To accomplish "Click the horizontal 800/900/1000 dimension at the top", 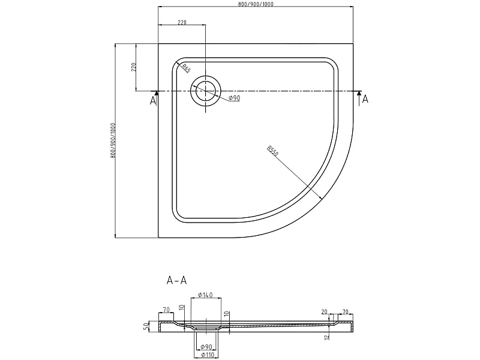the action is pyautogui.click(x=256, y=4).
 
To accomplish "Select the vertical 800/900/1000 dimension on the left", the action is pyautogui.click(x=113, y=140).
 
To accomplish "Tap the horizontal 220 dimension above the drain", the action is pyautogui.click(x=182, y=22).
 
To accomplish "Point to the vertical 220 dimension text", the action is pyautogui.click(x=133, y=67).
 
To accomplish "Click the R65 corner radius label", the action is pyautogui.click(x=186, y=68).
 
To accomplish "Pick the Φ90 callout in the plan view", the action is pyautogui.click(x=235, y=98).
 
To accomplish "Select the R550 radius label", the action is pyautogui.click(x=272, y=151).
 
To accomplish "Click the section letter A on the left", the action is pyautogui.click(x=153, y=100).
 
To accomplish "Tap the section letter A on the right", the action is pyautogui.click(x=365, y=99).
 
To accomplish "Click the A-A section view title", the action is pyautogui.click(x=176, y=280).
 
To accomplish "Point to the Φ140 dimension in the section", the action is pyautogui.click(x=205, y=295).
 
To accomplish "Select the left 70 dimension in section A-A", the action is pyautogui.click(x=166, y=310).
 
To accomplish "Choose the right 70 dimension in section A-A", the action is pyautogui.click(x=345, y=312).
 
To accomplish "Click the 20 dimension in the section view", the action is pyautogui.click(x=325, y=312).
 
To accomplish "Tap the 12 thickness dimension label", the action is pyautogui.click(x=327, y=337).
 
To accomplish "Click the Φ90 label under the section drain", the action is pyautogui.click(x=206, y=347).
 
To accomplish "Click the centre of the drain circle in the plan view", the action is pyautogui.click(x=205, y=91).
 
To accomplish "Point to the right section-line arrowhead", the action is pyautogui.click(x=359, y=93).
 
